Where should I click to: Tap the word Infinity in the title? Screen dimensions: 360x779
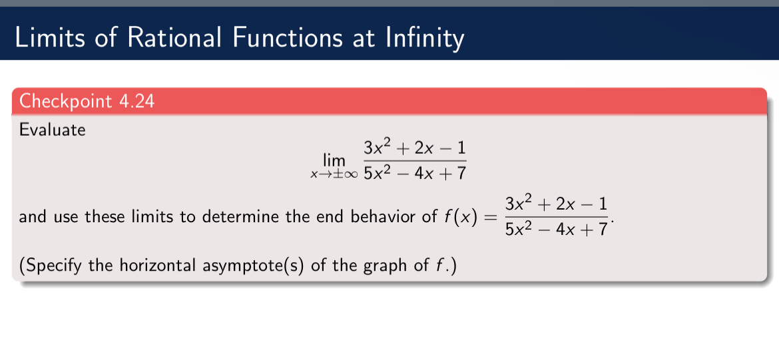click(423, 37)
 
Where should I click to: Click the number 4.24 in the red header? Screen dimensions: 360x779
click(136, 102)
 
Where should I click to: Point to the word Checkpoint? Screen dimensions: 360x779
click(66, 102)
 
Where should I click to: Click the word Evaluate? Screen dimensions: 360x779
click(53, 130)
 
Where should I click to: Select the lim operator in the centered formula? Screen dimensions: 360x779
click(334, 160)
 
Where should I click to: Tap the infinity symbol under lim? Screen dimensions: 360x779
click(350, 174)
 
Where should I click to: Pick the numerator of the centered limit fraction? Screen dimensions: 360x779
click(414, 148)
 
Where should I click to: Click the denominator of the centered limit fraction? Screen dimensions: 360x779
click(414, 174)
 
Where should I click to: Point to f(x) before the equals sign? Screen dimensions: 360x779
click(459, 217)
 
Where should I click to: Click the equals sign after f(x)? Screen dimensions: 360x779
click(490, 218)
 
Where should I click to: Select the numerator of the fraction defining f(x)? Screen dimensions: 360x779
click(557, 204)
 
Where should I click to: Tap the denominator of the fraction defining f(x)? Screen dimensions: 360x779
click(557, 230)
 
